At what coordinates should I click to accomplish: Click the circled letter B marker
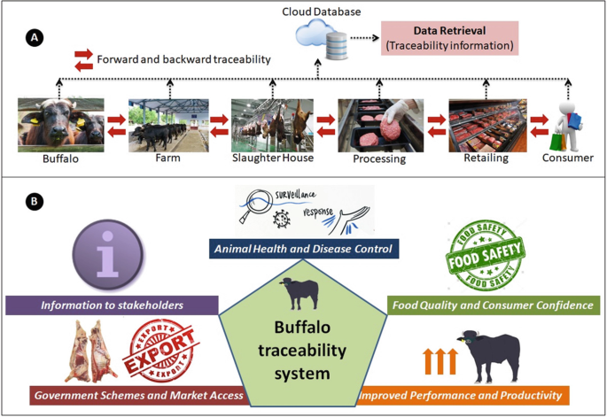click(33, 202)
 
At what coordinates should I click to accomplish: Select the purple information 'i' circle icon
click(112, 254)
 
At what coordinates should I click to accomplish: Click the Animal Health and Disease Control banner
click(304, 250)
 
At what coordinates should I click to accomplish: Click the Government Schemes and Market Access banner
click(138, 394)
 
